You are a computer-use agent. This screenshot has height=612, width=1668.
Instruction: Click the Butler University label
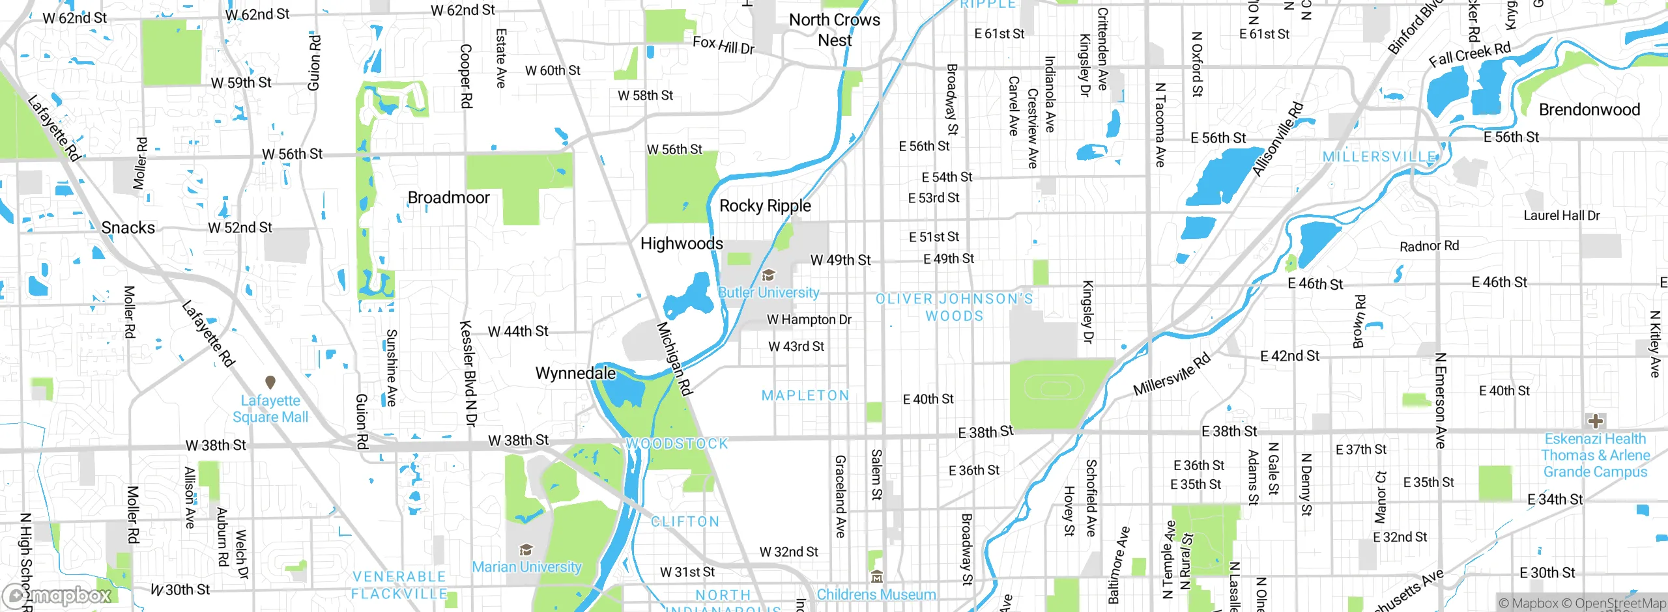(x=768, y=293)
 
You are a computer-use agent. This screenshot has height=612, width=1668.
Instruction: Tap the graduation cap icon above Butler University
(x=769, y=275)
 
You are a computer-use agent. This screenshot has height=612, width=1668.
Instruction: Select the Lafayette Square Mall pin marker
(x=270, y=382)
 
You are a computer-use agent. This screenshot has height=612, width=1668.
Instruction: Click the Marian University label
(x=526, y=567)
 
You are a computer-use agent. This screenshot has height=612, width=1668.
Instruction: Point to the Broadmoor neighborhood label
(x=448, y=197)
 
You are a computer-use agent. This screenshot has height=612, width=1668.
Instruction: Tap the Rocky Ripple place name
(x=765, y=206)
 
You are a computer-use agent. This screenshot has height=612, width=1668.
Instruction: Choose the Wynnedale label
(x=575, y=373)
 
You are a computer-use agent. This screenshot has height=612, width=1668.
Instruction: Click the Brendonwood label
(x=1589, y=109)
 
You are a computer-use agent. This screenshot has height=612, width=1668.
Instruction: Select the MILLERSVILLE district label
(x=1379, y=157)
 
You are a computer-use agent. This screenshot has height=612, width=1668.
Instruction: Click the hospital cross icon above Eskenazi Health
(x=1596, y=421)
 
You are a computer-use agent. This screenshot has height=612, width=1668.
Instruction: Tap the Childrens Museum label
(x=876, y=594)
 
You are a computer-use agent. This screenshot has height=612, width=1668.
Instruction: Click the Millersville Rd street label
(x=1172, y=374)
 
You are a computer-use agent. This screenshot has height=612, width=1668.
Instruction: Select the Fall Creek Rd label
(x=1469, y=55)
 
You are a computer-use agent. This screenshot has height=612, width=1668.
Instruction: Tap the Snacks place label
(x=128, y=228)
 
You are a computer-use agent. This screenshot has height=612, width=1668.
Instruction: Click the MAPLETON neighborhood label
(x=805, y=396)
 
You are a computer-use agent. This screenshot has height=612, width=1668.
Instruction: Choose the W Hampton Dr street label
(x=809, y=320)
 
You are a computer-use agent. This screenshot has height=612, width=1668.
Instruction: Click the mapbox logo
(x=57, y=595)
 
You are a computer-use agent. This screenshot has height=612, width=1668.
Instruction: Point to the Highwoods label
(x=682, y=243)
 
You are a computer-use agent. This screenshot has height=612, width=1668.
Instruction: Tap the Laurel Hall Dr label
(x=1561, y=216)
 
